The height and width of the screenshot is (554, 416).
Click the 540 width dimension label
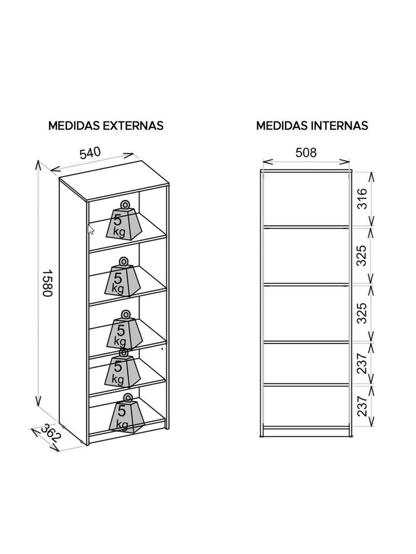(90, 153)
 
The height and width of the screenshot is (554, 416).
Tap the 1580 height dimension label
(47, 284)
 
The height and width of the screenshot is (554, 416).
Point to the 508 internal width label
(306, 152)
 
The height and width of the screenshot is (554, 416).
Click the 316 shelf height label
(362, 199)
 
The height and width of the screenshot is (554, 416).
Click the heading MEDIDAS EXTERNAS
(106, 125)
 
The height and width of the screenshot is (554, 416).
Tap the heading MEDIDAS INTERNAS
(312, 125)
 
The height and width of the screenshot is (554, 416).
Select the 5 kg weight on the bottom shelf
(126, 413)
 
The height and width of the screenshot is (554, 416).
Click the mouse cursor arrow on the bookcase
(90, 229)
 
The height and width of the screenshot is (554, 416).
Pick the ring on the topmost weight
(125, 205)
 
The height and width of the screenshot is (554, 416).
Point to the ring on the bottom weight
(127, 397)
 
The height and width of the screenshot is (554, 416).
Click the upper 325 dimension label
(361, 255)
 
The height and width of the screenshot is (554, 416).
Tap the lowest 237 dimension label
(362, 405)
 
